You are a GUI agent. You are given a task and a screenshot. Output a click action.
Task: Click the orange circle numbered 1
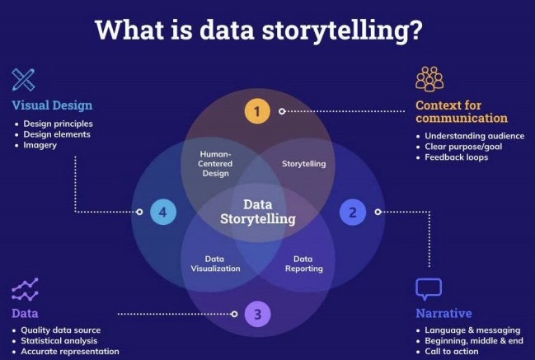[257, 110]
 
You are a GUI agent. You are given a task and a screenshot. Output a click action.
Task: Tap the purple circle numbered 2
[353, 212]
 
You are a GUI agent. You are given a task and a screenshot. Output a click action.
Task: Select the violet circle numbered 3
[257, 313]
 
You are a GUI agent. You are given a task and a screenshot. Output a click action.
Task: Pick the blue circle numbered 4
[162, 212]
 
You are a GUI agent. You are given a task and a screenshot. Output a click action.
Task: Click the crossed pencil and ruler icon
[24, 80]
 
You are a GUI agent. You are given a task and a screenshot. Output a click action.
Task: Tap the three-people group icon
[429, 79]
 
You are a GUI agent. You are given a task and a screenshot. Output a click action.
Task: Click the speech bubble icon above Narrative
[429, 289]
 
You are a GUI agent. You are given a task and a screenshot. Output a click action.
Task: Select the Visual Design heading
[52, 105]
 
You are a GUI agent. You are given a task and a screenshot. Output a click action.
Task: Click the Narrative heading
[443, 313]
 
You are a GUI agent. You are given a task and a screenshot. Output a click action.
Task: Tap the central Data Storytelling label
[257, 212]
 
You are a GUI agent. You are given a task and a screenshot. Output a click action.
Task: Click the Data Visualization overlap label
[217, 263]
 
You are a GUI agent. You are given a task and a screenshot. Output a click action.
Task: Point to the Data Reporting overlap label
[303, 263]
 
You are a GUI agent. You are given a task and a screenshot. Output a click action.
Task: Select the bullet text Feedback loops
[456, 157]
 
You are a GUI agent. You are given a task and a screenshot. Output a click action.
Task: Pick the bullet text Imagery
[41, 146]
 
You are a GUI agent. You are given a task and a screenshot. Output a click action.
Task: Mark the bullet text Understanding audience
[474, 136]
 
